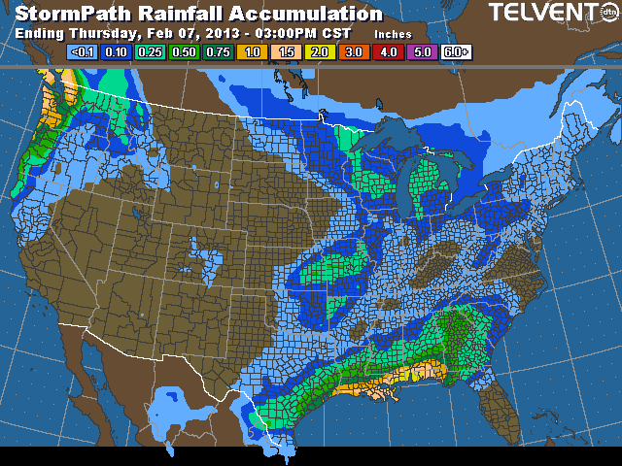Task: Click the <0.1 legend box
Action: [x=83, y=51]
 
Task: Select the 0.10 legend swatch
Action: [x=117, y=51]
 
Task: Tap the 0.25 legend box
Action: [x=151, y=51]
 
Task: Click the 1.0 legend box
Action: [x=252, y=51]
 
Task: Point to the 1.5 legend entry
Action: [x=286, y=51]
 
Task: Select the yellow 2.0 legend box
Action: [x=319, y=51]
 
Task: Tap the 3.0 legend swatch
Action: [x=353, y=51]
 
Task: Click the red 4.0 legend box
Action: [x=387, y=51]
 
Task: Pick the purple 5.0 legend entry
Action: [x=421, y=51]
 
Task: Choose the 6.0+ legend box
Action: [x=455, y=51]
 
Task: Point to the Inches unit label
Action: [x=393, y=34]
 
